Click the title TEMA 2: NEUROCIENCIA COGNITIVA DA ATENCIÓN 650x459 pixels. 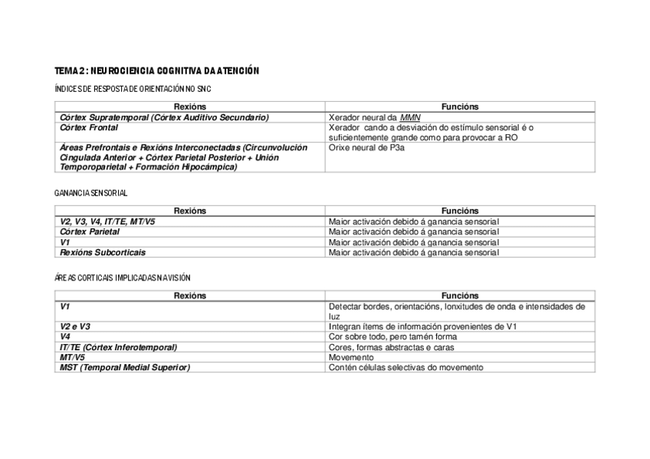156,70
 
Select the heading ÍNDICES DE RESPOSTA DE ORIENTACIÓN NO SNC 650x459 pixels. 132,89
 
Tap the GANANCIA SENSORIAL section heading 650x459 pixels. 90,193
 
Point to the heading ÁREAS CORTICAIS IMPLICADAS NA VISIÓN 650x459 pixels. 122,277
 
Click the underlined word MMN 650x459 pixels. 410,117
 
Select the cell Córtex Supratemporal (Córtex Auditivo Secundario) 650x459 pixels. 164,117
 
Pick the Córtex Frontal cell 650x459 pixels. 89,127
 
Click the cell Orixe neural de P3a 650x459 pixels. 366,147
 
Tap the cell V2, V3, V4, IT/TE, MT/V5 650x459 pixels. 107,221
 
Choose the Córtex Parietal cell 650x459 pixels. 90,231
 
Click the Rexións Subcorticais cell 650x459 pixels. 103,252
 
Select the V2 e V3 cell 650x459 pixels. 75,326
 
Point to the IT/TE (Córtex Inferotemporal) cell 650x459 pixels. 118,347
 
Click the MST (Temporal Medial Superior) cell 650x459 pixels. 124,368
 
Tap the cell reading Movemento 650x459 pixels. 351,358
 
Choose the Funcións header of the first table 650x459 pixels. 460,107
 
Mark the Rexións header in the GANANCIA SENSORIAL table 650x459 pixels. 190,211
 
